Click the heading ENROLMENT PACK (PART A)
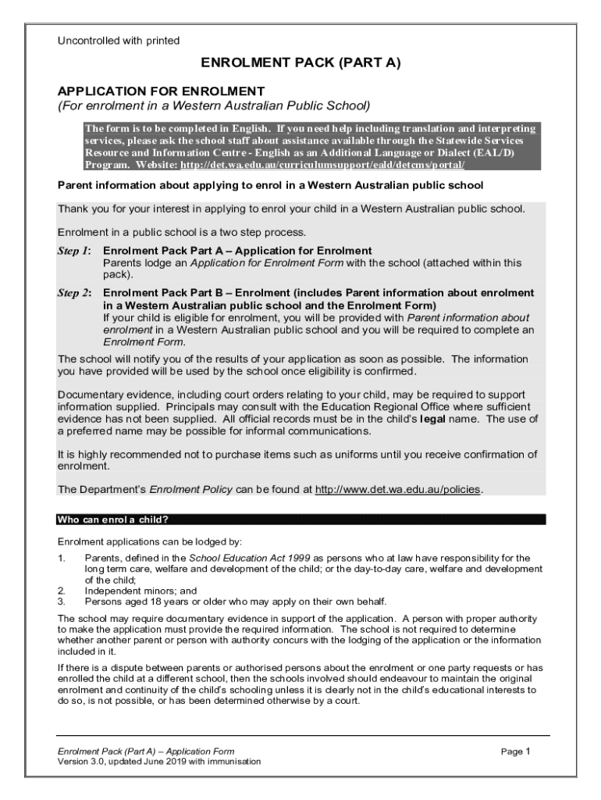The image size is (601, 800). pyautogui.click(x=300, y=63)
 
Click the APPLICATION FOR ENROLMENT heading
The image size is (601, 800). pyautogui.click(x=162, y=91)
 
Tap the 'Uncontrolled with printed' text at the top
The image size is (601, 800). pyautogui.click(x=119, y=40)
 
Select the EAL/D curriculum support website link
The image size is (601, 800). pyautogui.click(x=322, y=166)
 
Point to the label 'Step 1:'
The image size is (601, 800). pyautogui.click(x=74, y=251)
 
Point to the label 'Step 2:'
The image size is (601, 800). pyautogui.click(x=74, y=293)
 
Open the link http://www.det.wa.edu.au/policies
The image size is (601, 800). pyautogui.click(x=398, y=490)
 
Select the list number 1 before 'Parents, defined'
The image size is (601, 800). pyautogui.click(x=61, y=559)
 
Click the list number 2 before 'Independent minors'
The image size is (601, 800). pyautogui.click(x=61, y=591)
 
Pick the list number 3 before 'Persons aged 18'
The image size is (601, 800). pyautogui.click(x=61, y=602)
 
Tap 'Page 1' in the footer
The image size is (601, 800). pyautogui.click(x=516, y=752)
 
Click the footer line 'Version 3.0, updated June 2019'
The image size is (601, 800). pyautogui.click(x=159, y=761)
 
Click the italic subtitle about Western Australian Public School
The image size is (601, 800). pyautogui.click(x=213, y=105)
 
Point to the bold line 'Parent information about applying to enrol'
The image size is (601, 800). pyautogui.click(x=271, y=186)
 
